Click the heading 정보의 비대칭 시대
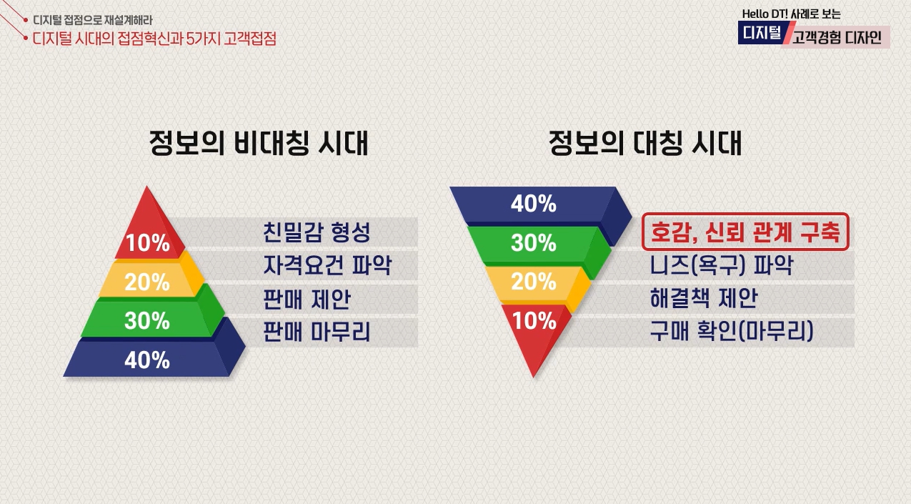pos(259,143)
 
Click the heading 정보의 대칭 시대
pos(645,143)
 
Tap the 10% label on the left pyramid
pos(148,243)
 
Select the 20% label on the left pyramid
pos(146,282)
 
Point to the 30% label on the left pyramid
pos(146,320)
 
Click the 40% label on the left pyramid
pos(146,360)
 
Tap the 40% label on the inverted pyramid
pos(534,204)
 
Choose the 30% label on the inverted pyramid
pos(534,243)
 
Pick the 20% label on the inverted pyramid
pos(534,282)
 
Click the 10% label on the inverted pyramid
pos(534,320)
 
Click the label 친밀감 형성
pos(317,232)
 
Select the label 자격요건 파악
pos(327,265)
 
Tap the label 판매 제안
pos(307,299)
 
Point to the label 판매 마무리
pos(317,332)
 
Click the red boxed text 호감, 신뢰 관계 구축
pos(745,232)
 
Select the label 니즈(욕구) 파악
pos(722,265)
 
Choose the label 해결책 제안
pos(704,299)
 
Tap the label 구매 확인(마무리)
pos(732,332)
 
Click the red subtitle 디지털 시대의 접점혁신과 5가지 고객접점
pos(154,39)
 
